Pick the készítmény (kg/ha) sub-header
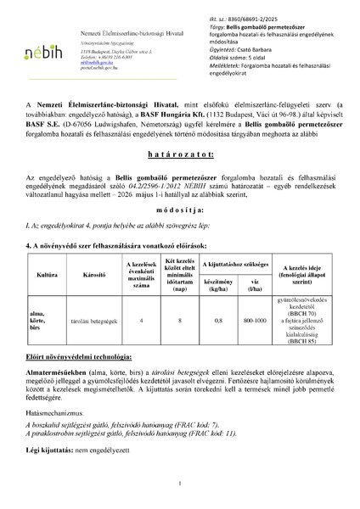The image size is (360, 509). pos(218,308)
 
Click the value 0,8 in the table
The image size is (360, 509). pos(218,344)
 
